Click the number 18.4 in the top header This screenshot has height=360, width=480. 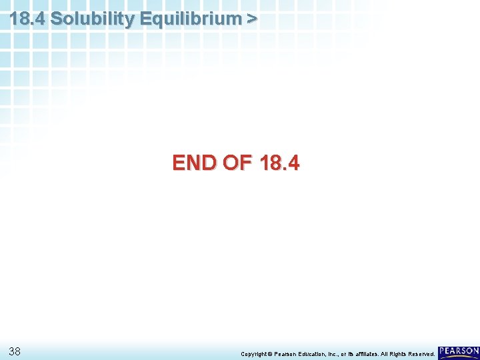27,19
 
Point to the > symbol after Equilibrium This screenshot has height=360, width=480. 251,19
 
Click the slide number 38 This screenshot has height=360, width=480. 16,351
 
